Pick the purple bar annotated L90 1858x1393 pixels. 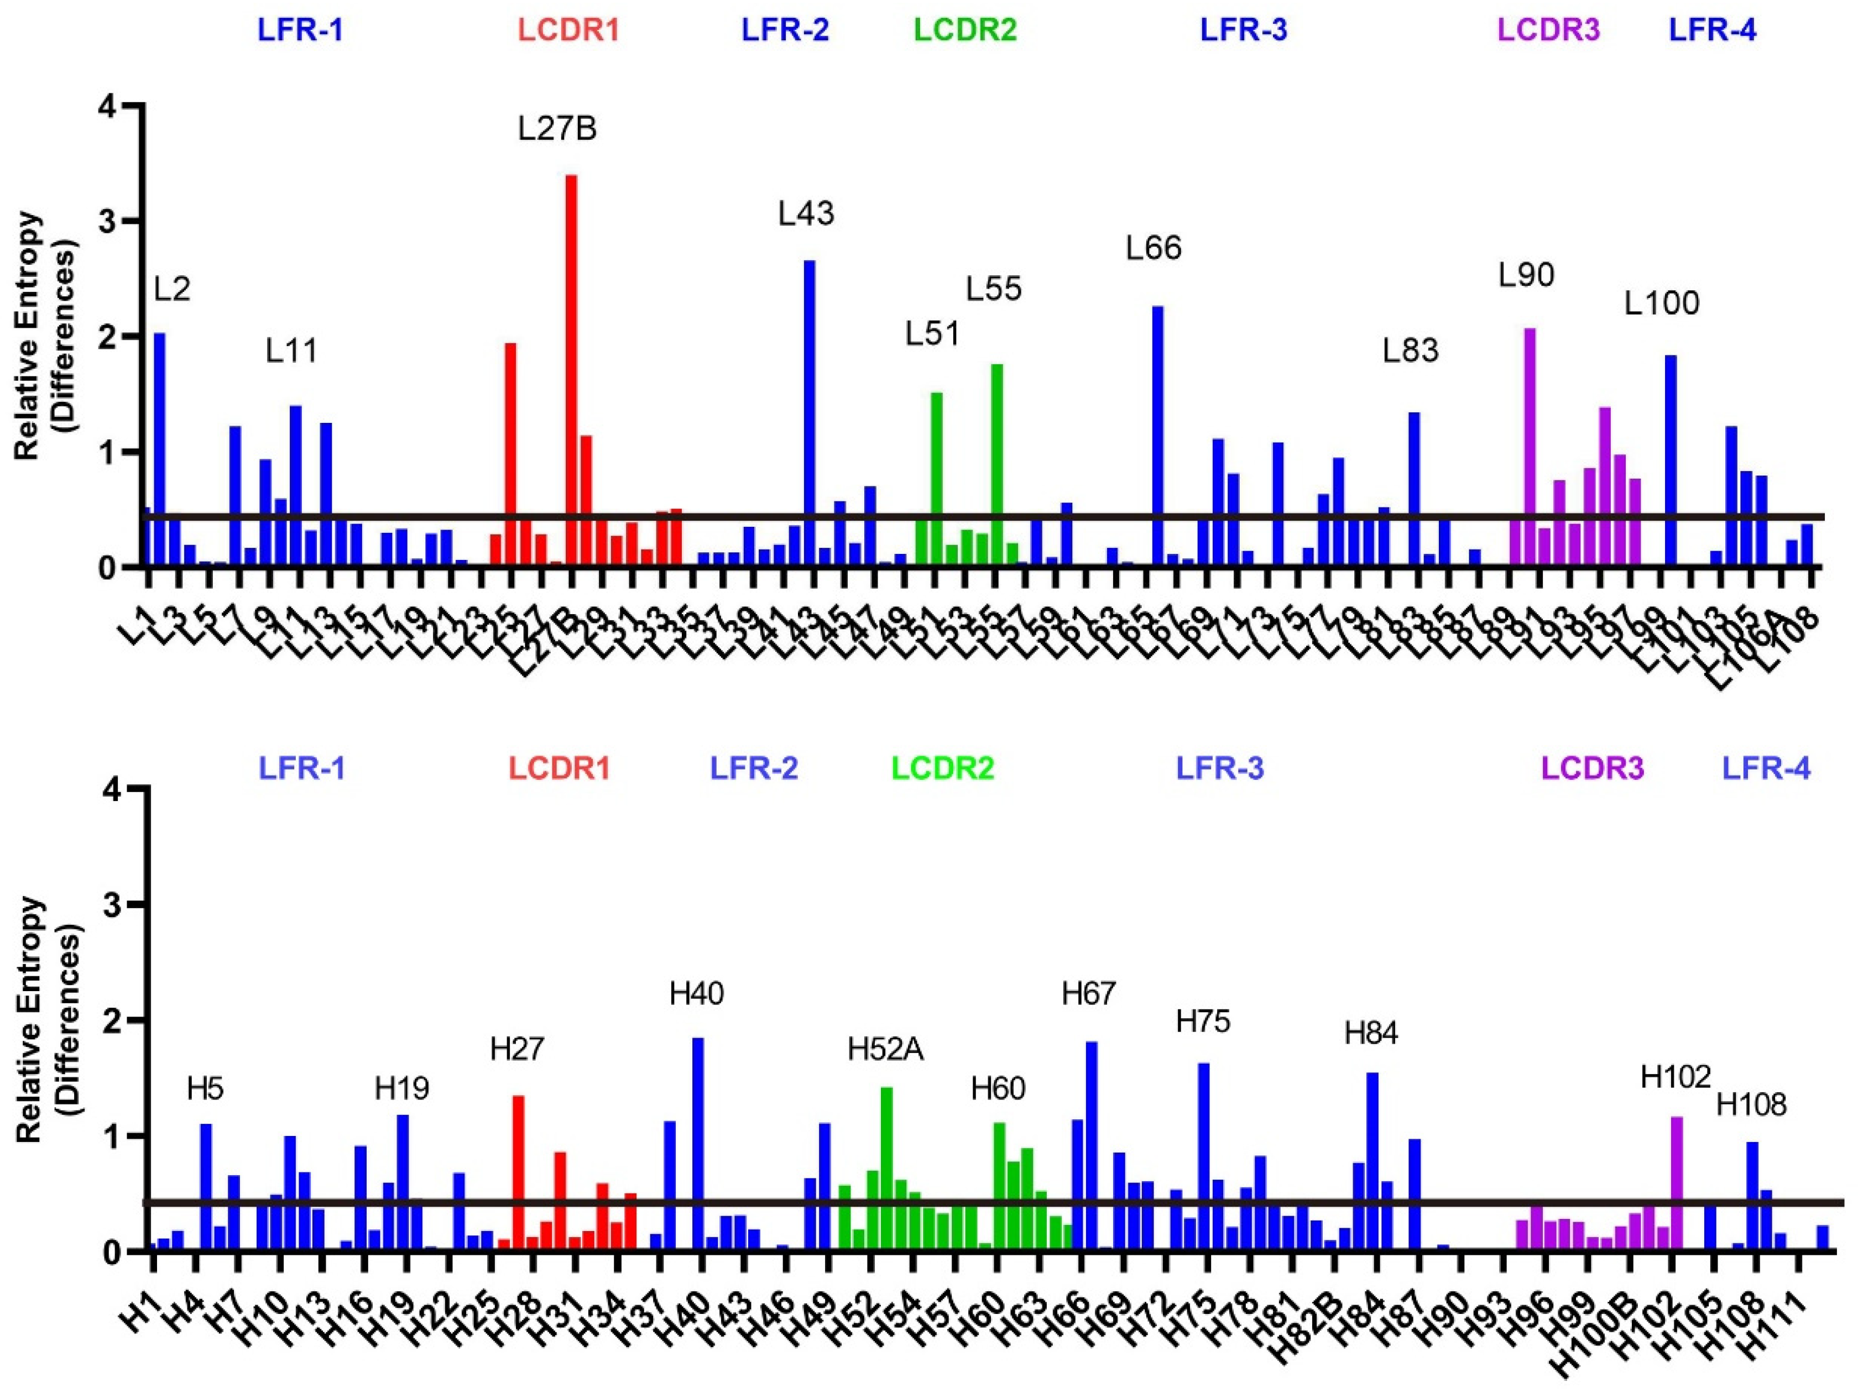[x=1530, y=445]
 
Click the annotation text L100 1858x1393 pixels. [x=1662, y=303]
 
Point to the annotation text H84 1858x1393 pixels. [x=1371, y=1034]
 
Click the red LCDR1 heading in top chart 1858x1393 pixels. [x=568, y=30]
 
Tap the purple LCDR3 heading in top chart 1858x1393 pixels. [x=1549, y=30]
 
